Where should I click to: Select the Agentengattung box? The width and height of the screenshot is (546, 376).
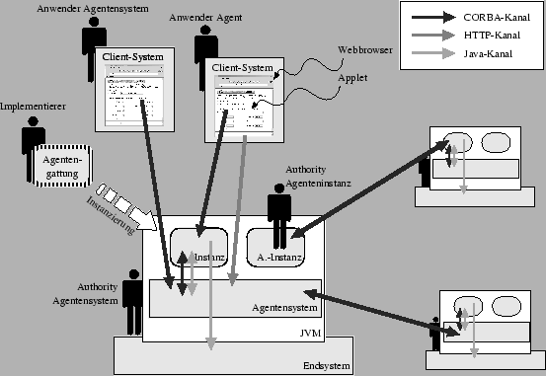(x=60, y=163)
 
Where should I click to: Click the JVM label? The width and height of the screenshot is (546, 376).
(x=311, y=334)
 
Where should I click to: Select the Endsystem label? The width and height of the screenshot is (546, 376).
(x=326, y=365)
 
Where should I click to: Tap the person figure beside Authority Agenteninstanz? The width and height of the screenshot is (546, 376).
(x=279, y=210)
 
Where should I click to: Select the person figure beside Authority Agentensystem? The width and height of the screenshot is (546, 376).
(x=132, y=291)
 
